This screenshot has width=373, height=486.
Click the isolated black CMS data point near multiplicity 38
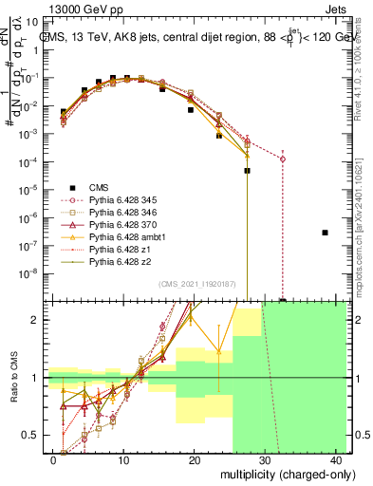[326, 233]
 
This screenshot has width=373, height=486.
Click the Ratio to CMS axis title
[12, 378]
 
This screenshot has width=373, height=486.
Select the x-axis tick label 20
[194, 458]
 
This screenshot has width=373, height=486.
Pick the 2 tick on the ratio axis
[39, 320]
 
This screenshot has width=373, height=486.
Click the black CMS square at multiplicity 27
[248, 171]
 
